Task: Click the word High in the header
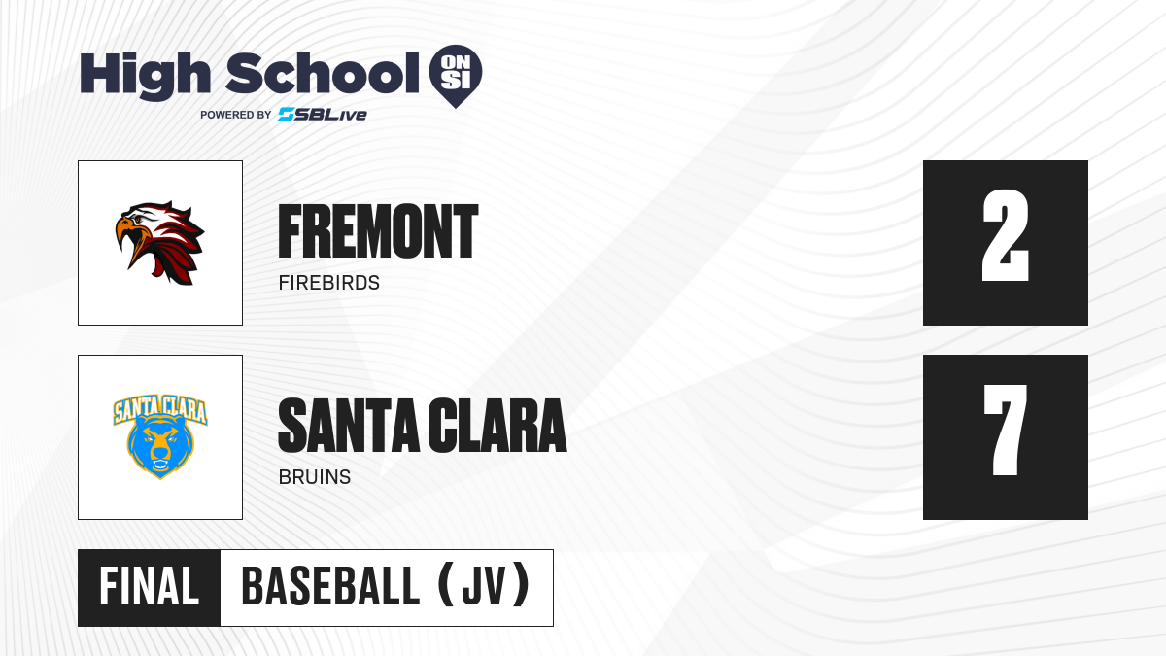145,75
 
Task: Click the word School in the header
323,72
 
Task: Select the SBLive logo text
323,115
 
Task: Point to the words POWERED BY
236,115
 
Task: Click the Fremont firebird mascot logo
159,243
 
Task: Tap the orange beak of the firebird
126,242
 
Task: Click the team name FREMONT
378,231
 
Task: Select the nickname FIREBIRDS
329,283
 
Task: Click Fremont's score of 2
1005,235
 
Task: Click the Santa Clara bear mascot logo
160,437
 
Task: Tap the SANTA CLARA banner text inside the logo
160,409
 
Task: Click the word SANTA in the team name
349,426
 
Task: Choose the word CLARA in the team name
497,426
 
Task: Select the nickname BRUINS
315,477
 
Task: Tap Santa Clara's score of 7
1005,430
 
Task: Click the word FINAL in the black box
150,586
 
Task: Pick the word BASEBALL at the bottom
330,586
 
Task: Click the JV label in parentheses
484,586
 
